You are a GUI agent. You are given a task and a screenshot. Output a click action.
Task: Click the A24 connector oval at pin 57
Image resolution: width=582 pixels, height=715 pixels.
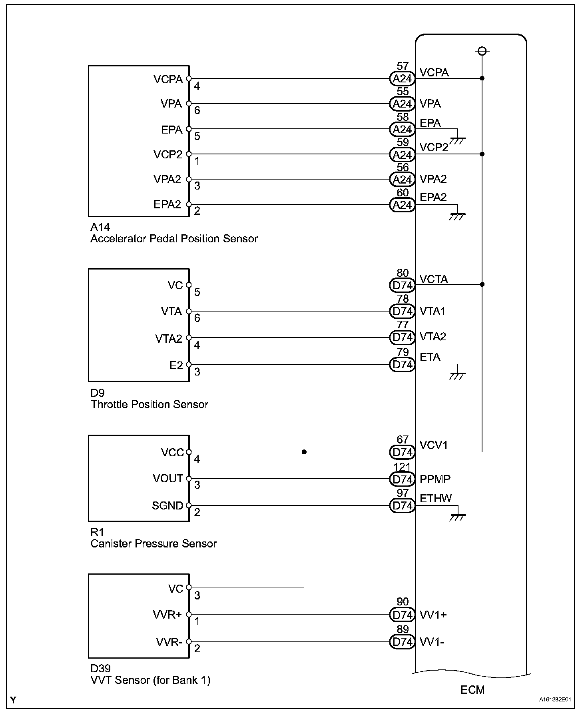[x=402, y=79]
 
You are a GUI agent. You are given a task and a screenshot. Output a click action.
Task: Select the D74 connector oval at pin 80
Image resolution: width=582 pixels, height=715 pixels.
[x=402, y=286]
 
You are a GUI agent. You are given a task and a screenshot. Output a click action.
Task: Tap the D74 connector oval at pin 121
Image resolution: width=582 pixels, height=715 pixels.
[x=402, y=479]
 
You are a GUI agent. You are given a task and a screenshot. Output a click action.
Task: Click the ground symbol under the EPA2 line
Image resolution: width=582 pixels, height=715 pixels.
[x=457, y=216]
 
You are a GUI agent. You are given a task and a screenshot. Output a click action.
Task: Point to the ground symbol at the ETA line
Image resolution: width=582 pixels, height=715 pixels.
[x=457, y=375]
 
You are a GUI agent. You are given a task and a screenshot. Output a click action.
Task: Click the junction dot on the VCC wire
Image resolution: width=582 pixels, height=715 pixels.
[x=304, y=452]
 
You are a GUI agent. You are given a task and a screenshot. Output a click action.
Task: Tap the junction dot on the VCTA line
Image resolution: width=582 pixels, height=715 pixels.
[x=482, y=284]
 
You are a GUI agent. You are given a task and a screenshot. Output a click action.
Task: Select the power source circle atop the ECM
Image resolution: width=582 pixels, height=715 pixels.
[x=482, y=51]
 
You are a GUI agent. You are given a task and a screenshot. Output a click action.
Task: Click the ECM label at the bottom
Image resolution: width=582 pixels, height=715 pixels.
[x=472, y=690]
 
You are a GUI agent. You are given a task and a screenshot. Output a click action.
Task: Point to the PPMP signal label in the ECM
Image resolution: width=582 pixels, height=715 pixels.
[x=435, y=479]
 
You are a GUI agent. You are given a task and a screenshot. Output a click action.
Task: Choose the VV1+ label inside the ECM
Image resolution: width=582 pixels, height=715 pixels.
[x=433, y=615]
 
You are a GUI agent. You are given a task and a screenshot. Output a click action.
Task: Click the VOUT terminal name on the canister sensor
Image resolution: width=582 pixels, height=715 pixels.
[x=168, y=479]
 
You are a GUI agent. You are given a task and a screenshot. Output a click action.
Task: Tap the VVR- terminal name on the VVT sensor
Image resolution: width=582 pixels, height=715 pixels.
[x=169, y=642]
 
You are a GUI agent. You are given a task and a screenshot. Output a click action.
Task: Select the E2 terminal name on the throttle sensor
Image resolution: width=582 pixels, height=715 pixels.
[x=176, y=365]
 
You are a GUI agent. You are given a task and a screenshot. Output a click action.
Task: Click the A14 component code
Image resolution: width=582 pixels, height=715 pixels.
[x=100, y=227]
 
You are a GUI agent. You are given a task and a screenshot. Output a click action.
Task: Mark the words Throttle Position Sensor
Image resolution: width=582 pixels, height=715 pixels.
[x=149, y=405]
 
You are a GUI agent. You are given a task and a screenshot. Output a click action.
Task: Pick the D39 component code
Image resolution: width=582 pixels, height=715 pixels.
[x=101, y=669]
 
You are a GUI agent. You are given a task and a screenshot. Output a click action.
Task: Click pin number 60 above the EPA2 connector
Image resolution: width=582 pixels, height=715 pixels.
[x=403, y=193]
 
